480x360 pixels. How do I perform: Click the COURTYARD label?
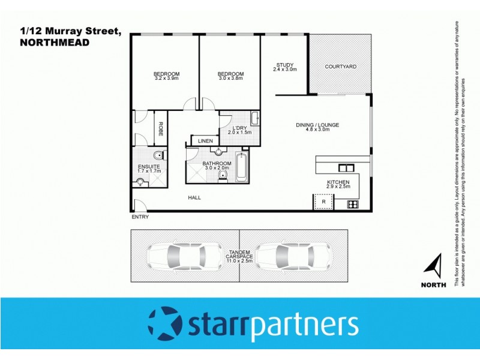coord(337,66)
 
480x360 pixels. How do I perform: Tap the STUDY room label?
coord(284,65)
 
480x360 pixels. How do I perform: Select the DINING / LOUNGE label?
coord(317,125)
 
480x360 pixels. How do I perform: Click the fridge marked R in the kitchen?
coord(323,202)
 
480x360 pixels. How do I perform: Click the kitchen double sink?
coord(346,167)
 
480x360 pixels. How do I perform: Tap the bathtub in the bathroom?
coord(241,167)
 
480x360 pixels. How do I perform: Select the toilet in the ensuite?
coord(158,157)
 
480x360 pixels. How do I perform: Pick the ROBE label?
coord(161,129)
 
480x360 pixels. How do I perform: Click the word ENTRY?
coord(140,217)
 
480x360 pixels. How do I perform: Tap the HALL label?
coord(194,197)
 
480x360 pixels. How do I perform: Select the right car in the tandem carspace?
coord(293,256)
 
